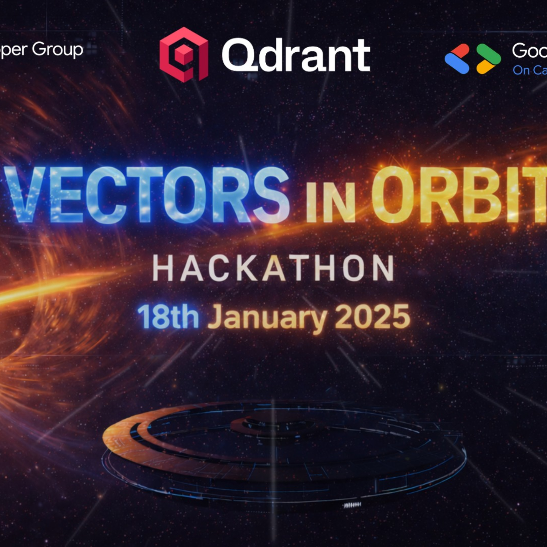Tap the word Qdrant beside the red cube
pyautogui.click(x=296, y=55)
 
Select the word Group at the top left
pyautogui.click(x=57, y=50)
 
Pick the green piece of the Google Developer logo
pyautogui.click(x=489, y=53)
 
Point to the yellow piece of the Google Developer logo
pyautogui.click(x=485, y=67)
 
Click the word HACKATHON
pyautogui.click(x=273, y=268)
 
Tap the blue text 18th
pyautogui.click(x=168, y=317)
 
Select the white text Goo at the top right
pyautogui.click(x=530, y=51)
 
